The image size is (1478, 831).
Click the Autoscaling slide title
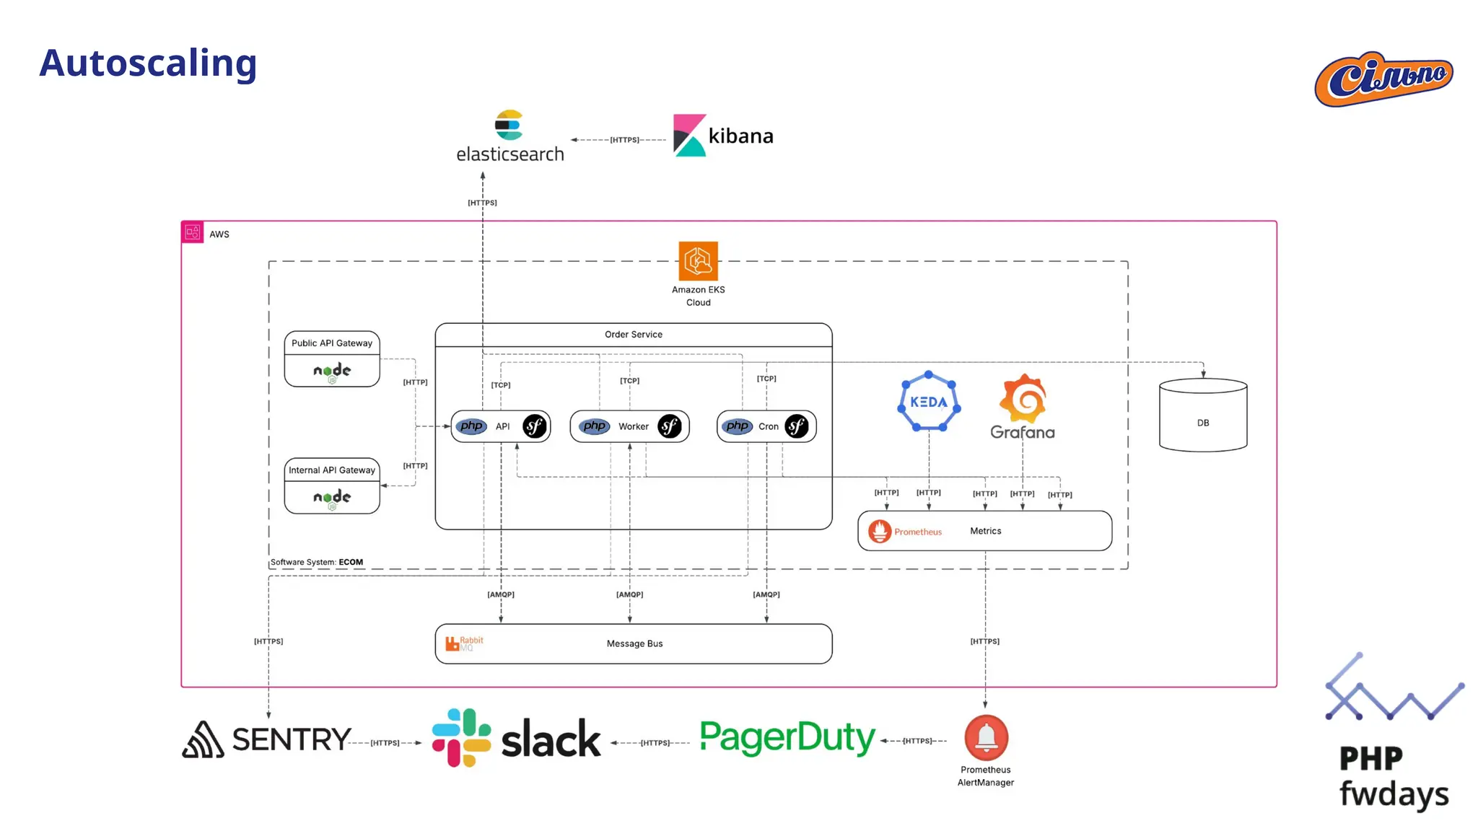pos(148,63)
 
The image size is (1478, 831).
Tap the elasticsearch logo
pos(510,136)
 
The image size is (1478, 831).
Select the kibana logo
pos(722,136)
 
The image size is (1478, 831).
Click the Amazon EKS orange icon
pos(698,261)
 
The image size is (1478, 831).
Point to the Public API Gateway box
pos(332,359)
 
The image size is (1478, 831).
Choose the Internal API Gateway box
pos(332,485)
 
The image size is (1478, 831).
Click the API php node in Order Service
pos(501,426)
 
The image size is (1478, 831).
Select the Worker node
pos(629,426)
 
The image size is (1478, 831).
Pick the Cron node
pos(766,426)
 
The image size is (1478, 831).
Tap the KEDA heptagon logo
pos(929,402)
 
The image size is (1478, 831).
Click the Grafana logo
pos(1023,407)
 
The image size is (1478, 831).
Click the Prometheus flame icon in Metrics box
pos(880,531)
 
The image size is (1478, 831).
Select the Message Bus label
pos(634,643)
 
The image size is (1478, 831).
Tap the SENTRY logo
pos(266,739)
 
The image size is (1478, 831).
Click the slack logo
pos(516,738)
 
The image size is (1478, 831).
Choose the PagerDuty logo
pos(787,738)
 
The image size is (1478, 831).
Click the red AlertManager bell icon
pos(986,737)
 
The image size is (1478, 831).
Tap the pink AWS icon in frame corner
pos(193,232)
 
